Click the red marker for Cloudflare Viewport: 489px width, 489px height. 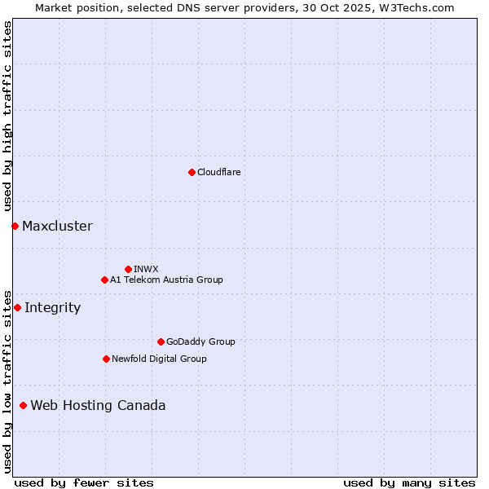pyautogui.click(x=192, y=172)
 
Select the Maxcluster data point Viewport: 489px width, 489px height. pyautogui.click(x=15, y=226)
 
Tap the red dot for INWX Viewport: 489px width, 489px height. pyautogui.click(x=128, y=269)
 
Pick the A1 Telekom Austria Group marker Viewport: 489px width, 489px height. pyautogui.click(x=104, y=280)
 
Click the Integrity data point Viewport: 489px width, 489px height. pyautogui.click(x=17, y=307)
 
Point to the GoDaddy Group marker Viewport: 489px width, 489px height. pyautogui.click(x=161, y=341)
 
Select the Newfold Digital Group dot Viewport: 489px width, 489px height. pyautogui.click(x=106, y=359)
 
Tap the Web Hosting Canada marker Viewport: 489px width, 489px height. pyautogui.click(x=23, y=405)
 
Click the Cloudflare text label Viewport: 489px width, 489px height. pyautogui.click(x=218, y=172)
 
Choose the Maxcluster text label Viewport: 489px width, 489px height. pyautogui.click(x=57, y=226)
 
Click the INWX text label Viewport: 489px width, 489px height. pyautogui.click(x=146, y=269)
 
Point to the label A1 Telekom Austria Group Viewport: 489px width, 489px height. pyautogui.click(x=166, y=280)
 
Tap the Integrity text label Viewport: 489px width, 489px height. pyautogui.click(x=52, y=307)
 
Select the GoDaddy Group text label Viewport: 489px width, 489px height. pyautogui.click(x=200, y=341)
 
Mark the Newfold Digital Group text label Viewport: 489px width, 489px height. pyautogui.click(x=159, y=359)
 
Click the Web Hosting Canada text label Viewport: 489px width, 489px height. pyautogui.click(x=98, y=405)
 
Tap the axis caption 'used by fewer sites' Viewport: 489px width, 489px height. pyautogui.click(x=84, y=482)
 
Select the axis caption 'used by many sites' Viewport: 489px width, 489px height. pyautogui.click(x=409, y=482)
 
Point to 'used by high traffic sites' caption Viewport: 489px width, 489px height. pyautogui.click(x=7, y=116)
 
